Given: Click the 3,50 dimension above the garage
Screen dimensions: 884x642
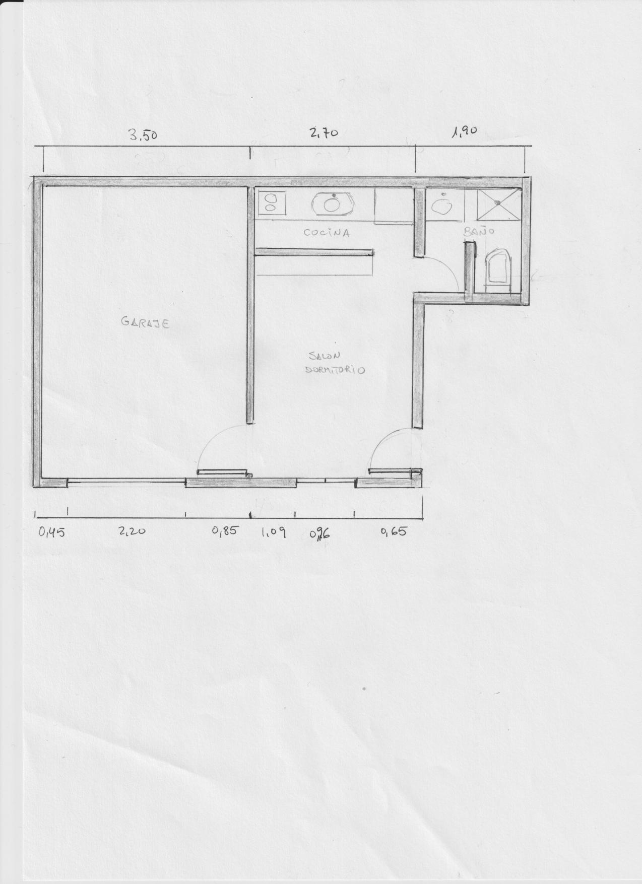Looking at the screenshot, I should pyautogui.click(x=144, y=135).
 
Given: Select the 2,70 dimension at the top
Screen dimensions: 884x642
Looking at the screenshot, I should pyautogui.click(x=324, y=133).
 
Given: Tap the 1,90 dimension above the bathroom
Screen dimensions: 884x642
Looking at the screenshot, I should pyautogui.click(x=464, y=132).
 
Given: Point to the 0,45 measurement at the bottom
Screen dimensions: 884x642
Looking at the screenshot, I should pyautogui.click(x=51, y=531).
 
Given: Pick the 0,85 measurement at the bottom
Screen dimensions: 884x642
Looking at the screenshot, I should pyautogui.click(x=224, y=530).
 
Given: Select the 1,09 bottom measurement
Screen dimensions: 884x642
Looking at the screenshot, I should pyautogui.click(x=274, y=531).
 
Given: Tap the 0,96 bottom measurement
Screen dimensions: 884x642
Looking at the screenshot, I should pyautogui.click(x=319, y=532).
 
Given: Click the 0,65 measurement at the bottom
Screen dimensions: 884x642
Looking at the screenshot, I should pyautogui.click(x=393, y=531).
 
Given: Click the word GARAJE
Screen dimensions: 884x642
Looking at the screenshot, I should pyautogui.click(x=145, y=322).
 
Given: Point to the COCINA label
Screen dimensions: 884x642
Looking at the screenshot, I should pyautogui.click(x=327, y=233).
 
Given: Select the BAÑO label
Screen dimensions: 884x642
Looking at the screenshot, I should pyautogui.click(x=479, y=232).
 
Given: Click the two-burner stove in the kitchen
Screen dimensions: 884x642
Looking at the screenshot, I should pyautogui.click(x=271, y=202).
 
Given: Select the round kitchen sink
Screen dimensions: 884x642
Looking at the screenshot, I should pyautogui.click(x=331, y=203).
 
